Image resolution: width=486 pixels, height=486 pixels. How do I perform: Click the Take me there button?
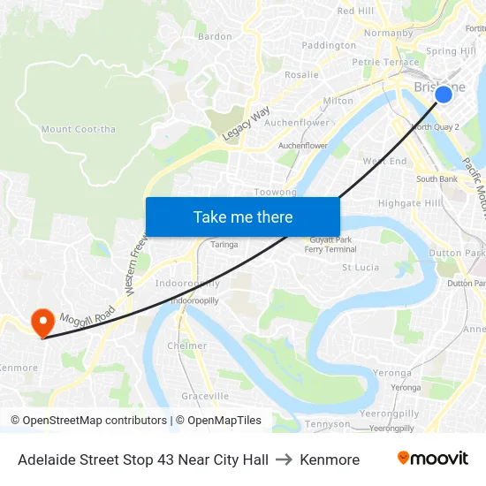[243, 216]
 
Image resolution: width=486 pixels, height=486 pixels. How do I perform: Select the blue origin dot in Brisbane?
[444, 94]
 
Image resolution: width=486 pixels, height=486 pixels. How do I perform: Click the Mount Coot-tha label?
[78, 130]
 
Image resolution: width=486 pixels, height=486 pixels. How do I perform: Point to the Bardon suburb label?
[215, 37]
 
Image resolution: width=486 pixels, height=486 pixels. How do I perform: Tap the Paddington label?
[329, 45]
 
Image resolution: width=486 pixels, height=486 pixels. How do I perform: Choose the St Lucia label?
[361, 267]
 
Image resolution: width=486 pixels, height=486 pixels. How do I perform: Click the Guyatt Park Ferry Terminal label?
[331, 245]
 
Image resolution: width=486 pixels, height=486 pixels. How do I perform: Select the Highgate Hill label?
[409, 203]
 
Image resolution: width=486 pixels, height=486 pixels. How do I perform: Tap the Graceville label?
[205, 397]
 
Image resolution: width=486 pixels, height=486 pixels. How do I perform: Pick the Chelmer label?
[187, 346]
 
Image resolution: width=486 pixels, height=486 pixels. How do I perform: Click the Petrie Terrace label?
[385, 63]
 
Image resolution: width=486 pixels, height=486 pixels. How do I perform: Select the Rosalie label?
[301, 75]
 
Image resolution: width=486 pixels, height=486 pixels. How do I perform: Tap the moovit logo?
[432, 459]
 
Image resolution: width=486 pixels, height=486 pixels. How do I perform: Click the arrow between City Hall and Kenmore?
[284, 459]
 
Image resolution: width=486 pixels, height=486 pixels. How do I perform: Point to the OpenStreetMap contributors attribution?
[88, 421]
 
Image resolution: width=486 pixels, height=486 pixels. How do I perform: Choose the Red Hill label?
[356, 11]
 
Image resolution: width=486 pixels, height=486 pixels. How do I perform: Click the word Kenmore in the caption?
[330, 459]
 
